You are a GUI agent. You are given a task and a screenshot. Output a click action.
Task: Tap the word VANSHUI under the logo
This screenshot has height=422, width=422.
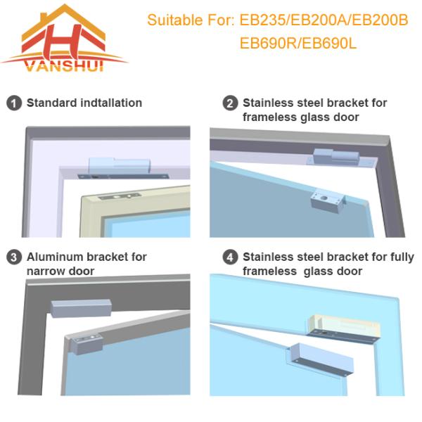coord(65,66)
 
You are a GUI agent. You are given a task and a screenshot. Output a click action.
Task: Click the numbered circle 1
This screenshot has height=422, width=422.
coord(14,103)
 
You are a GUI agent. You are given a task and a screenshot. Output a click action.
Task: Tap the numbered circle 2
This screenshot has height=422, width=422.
coord(230,103)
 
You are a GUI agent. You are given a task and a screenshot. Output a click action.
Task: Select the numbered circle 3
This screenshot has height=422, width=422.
coord(14,257)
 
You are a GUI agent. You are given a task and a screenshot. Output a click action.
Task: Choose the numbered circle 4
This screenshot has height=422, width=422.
coord(230,257)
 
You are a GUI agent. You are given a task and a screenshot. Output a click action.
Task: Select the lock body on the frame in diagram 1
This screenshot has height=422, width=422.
coord(120,166)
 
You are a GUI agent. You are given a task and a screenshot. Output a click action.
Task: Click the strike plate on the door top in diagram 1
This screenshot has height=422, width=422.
coord(120,196)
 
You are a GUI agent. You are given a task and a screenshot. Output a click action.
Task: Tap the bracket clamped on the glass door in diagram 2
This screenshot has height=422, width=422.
coord(328,201)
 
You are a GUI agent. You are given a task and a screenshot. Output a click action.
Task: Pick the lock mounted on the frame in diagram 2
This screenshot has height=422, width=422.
coord(336,157)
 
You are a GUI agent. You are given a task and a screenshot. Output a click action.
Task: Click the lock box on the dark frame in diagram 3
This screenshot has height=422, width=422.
coord(81,308)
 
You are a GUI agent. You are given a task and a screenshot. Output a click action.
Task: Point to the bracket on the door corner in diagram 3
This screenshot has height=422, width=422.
coord(87,344)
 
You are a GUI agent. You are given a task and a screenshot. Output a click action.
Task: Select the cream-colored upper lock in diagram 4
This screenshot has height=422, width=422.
coord(344,326)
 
